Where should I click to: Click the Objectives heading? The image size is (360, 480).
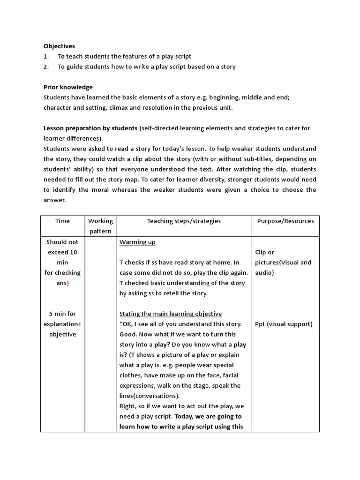coord(59,46)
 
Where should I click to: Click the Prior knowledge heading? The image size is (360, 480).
coord(68,87)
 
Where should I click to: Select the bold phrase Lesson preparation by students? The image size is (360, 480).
coord(90,128)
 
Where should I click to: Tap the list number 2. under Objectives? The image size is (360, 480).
coord(46,67)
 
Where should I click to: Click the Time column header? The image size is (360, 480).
coord(62,221)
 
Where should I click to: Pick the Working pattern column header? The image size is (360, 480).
coord(101,226)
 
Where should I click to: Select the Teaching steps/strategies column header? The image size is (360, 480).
coord(184,221)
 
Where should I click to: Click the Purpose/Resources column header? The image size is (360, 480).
coord(285,221)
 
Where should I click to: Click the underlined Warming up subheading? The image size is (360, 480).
coord(137,242)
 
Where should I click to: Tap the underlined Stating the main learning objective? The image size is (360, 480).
coord(171,314)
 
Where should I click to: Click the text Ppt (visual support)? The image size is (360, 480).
coord(284,324)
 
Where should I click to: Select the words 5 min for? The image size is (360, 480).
coord(62,314)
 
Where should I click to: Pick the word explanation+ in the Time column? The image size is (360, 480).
coord(62,324)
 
